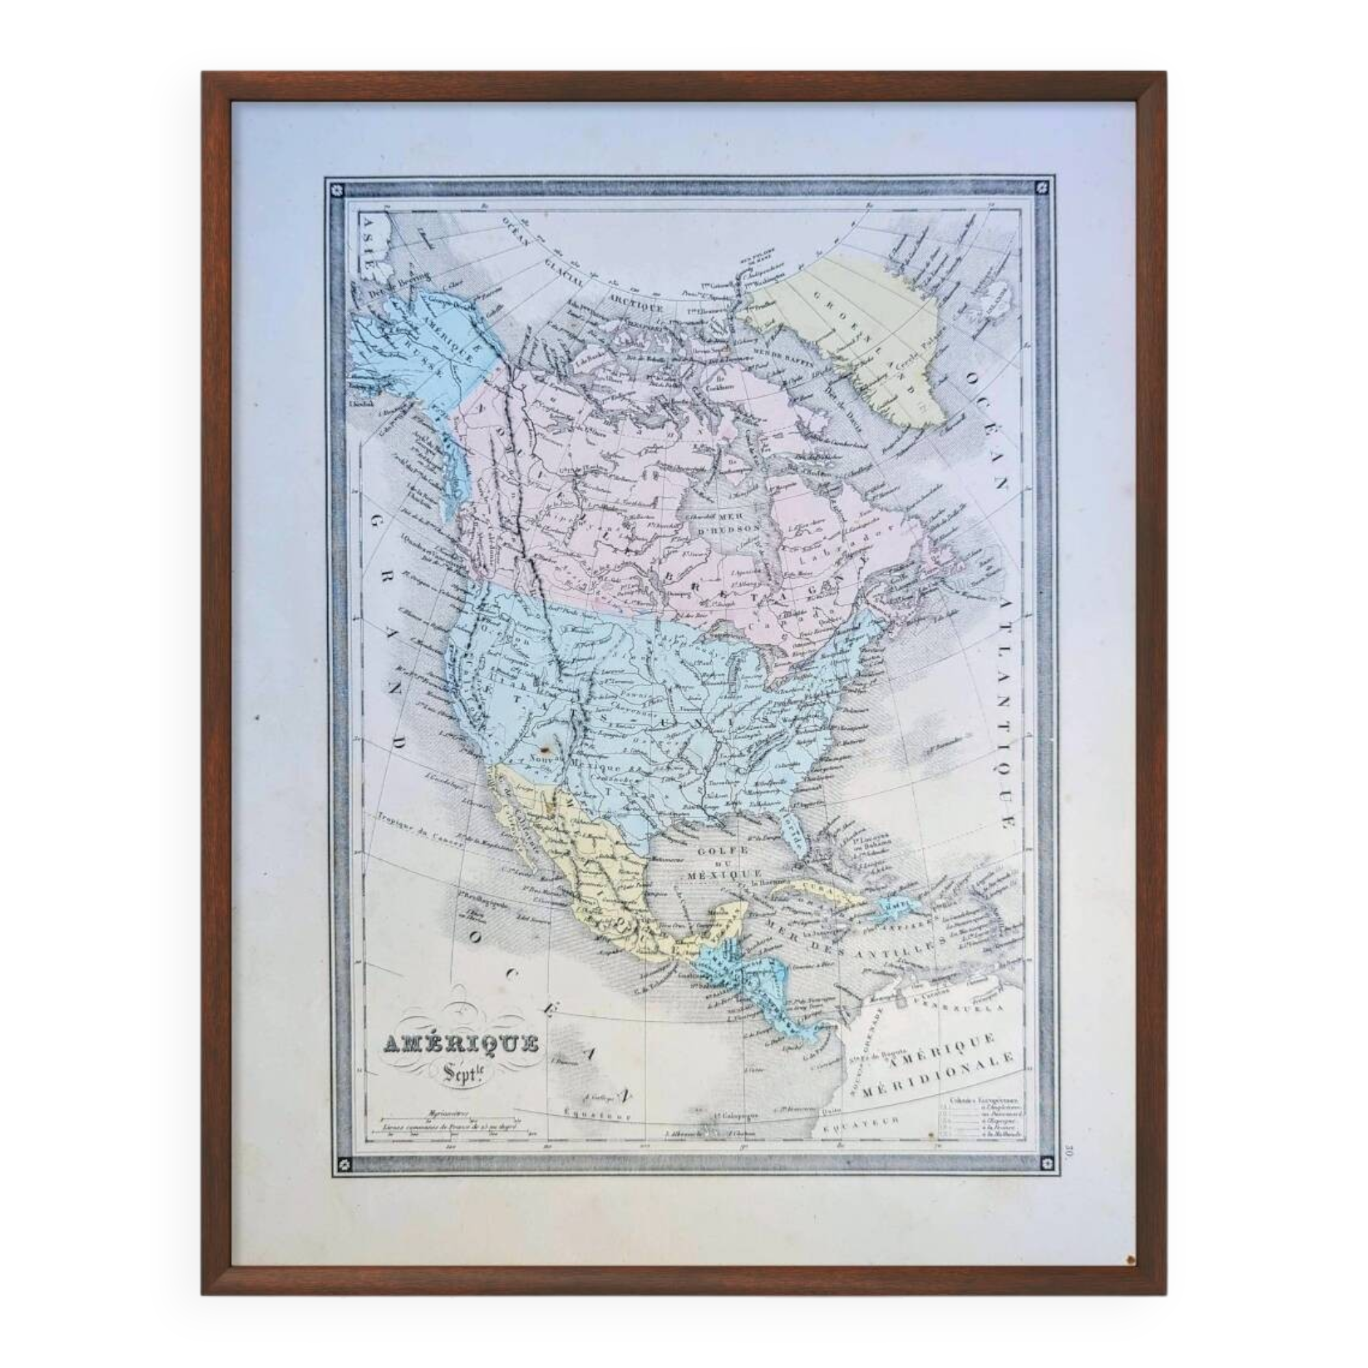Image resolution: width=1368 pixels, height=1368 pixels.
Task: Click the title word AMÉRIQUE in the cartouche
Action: [461, 1044]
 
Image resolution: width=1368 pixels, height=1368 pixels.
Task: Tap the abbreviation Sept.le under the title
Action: [461, 1070]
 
